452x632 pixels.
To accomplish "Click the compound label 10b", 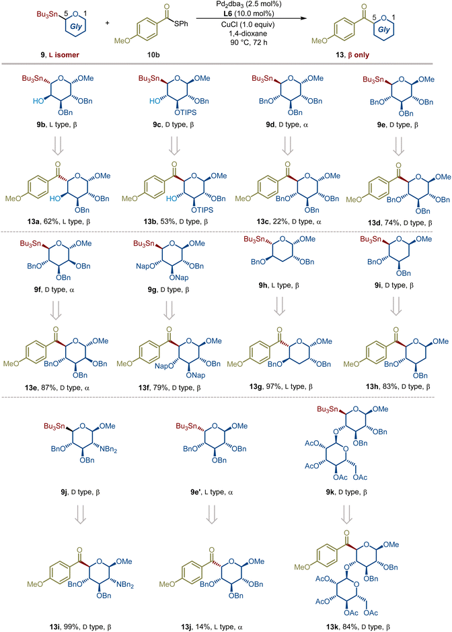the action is (153, 55).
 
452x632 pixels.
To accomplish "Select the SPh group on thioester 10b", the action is (181, 24).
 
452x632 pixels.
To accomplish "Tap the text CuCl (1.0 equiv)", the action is (248, 25).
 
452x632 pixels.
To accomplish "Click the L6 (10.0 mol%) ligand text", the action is (249, 14).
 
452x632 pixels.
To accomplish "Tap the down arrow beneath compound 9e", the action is (399, 146).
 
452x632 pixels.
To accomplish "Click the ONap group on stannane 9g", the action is (179, 277).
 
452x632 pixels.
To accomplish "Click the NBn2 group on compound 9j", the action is (109, 449).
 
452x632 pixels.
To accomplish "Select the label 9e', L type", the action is (211, 492).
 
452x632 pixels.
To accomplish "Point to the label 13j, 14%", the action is (197, 627).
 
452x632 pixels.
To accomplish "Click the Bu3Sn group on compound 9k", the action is (328, 409).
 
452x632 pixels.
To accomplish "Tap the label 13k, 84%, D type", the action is (358, 627).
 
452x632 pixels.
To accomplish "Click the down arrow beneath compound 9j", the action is (81, 514).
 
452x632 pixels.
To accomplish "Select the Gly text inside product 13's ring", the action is (384, 30).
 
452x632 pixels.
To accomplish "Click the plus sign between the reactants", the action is (107, 24).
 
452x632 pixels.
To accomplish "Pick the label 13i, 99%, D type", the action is (81, 627).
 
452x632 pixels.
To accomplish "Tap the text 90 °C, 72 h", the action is (249, 42).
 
